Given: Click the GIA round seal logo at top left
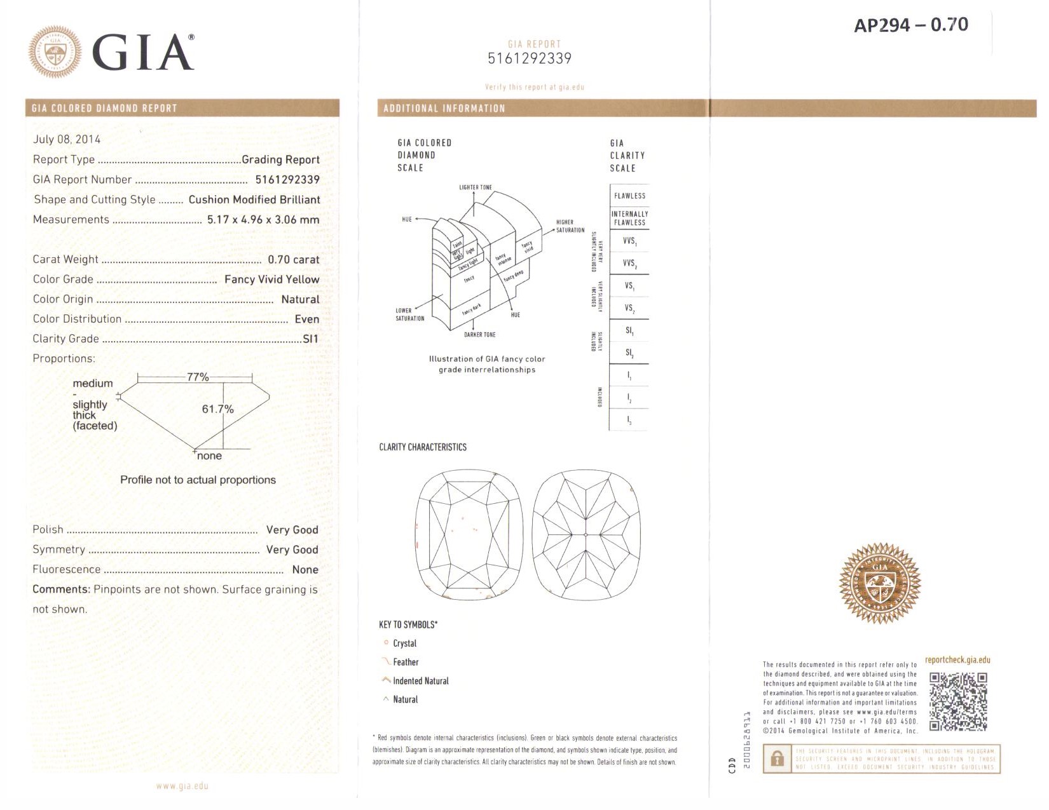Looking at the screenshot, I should click(55, 52).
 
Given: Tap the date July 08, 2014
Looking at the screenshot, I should click(67, 139).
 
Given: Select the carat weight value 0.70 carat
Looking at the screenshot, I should click(293, 259).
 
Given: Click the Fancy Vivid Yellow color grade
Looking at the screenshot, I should click(271, 280).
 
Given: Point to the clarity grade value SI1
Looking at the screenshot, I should click(310, 339).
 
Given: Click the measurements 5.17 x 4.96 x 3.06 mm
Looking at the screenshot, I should click(263, 220).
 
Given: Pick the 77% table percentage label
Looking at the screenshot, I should click(198, 377).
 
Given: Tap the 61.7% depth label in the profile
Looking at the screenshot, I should click(217, 409).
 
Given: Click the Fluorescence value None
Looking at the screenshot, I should click(305, 570).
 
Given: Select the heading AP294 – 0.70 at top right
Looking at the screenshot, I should click(910, 25).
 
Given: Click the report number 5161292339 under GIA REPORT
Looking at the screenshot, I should click(529, 58).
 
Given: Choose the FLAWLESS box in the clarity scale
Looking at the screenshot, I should click(629, 196).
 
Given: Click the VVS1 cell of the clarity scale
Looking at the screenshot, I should click(629, 241).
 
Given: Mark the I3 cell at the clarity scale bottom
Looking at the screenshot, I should click(629, 420).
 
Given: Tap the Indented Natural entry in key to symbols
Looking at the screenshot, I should click(420, 681).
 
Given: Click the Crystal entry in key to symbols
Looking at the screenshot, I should click(404, 644).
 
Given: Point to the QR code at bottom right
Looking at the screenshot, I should click(958, 701).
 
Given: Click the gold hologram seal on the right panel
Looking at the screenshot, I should click(880, 583).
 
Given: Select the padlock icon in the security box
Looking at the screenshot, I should click(776, 759).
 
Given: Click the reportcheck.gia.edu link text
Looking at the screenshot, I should click(957, 660).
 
